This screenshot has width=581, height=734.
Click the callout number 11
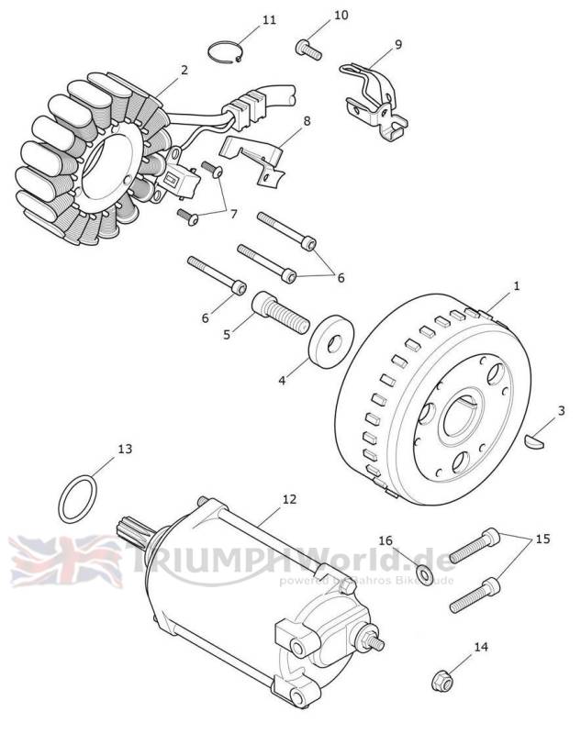pyautogui.click(x=268, y=19)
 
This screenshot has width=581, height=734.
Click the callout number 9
pyautogui.click(x=397, y=43)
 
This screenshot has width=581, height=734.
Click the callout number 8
pyautogui.click(x=306, y=120)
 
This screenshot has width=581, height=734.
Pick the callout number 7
pyautogui.click(x=233, y=214)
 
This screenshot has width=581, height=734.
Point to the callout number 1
pyautogui.click(x=516, y=286)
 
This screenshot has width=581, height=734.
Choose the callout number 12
pyautogui.click(x=289, y=499)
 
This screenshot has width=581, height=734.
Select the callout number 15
pyautogui.click(x=542, y=539)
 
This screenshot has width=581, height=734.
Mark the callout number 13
pyautogui.click(x=125, y=449)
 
